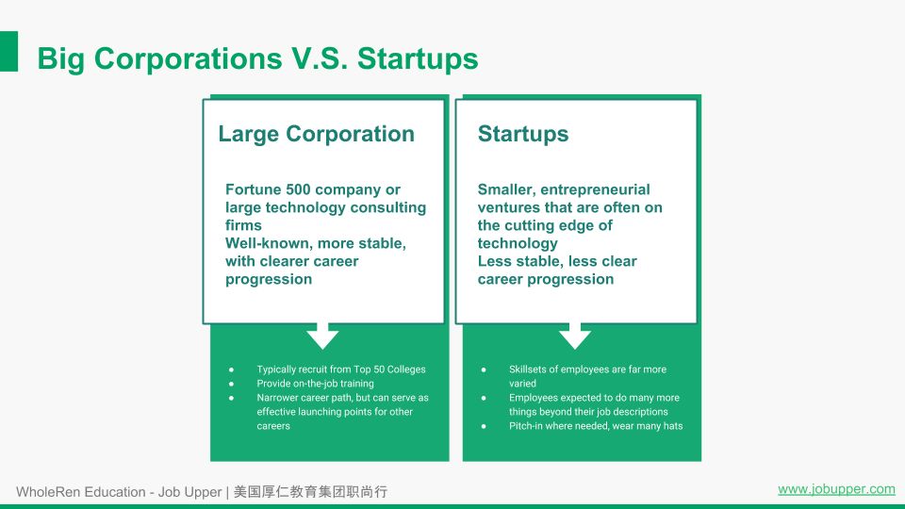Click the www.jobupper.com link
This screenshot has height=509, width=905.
[836, 489]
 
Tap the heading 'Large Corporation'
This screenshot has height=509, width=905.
[317, 134]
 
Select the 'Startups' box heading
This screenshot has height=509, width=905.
[523, 134]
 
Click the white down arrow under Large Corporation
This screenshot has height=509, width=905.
[322, 336]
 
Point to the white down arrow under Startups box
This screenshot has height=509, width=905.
[575, 336]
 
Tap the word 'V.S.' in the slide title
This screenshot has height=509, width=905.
[320, 58]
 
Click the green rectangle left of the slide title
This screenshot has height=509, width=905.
[8, 51]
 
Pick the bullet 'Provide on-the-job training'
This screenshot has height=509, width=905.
[315, 384]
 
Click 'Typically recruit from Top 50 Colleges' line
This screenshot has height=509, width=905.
[341, 369]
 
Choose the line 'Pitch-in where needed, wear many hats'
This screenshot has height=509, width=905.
[596, 426]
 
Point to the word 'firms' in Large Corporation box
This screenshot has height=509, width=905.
[243, 225]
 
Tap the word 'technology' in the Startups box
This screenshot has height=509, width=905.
[518, 243]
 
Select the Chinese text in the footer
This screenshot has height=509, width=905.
[310, 492]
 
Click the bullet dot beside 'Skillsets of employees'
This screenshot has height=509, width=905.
[484, 369]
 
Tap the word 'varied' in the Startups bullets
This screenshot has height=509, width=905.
[522, 384]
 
